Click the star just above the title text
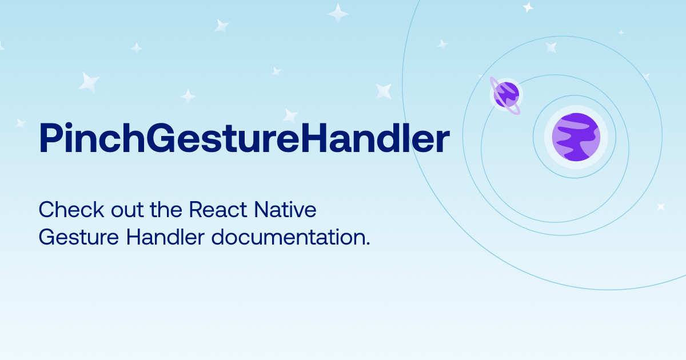point(290,115)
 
